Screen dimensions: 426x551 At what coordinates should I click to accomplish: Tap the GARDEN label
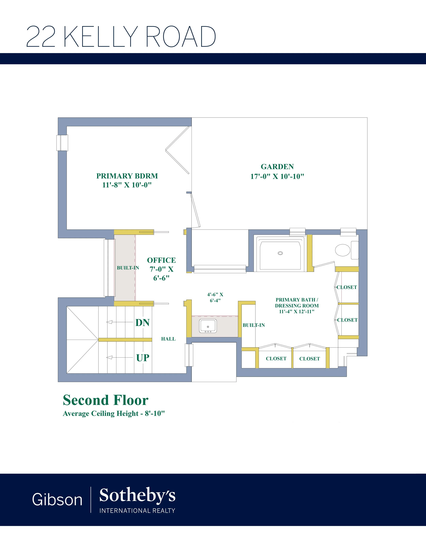(x=277, y=167)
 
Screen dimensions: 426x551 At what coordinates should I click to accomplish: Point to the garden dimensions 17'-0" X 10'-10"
(x=277, y=176)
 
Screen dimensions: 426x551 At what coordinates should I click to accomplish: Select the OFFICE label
(x=161, y=260)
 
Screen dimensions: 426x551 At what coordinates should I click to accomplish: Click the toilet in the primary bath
(x=346, y=250)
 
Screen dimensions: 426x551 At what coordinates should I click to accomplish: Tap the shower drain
(x=280, y=253)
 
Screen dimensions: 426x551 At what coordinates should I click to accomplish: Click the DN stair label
(x=142, y=323)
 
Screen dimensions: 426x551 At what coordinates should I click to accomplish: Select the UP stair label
(x=143, y=358)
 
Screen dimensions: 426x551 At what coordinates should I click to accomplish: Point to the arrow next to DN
(x=120, y=322)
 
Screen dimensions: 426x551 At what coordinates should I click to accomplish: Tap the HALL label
(x=168, y=339)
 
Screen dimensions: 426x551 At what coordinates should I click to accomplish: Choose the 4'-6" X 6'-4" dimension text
(x=215, y=297)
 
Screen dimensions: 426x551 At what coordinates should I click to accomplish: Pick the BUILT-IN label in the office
(x=128, y=268)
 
